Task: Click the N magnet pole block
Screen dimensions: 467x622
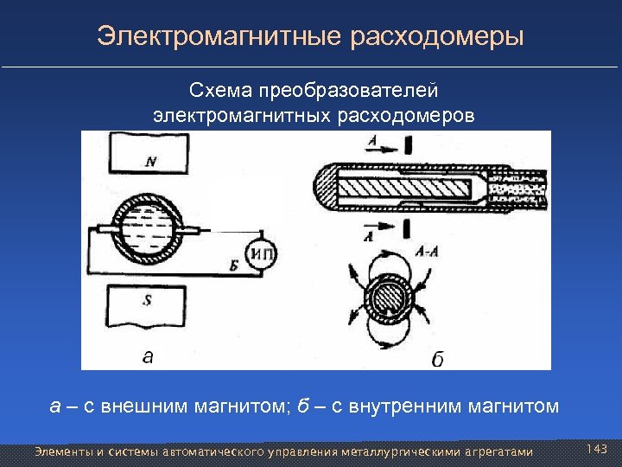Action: pos(149,159)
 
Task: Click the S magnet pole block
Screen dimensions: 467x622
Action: pos(149,304)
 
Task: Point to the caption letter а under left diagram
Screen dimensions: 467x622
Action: pos(148,355)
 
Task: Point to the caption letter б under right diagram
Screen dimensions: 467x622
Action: pos(437,359)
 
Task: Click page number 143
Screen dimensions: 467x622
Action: pos(597,449)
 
